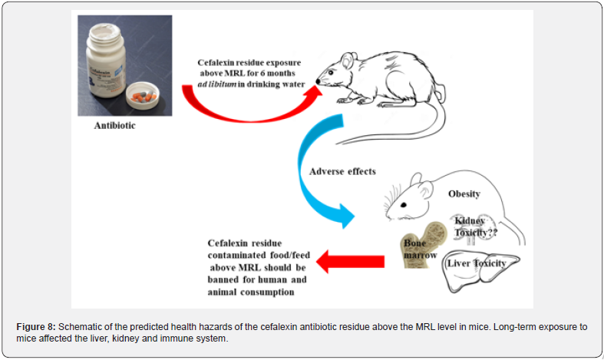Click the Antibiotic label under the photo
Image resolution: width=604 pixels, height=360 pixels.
115,126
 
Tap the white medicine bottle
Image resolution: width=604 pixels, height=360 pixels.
107,61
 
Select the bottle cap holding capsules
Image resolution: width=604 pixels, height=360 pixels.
143,95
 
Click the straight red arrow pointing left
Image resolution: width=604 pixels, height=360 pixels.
350,261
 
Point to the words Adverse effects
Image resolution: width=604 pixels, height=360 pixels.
342,171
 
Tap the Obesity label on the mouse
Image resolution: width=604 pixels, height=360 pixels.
464,194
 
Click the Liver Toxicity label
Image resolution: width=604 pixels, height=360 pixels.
477,263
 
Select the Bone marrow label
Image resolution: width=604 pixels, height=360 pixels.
421,249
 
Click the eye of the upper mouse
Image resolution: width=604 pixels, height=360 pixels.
331,72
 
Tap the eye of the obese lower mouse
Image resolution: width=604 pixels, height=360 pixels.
404,205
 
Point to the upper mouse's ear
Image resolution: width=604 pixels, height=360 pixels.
348,61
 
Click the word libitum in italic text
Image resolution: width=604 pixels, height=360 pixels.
223,84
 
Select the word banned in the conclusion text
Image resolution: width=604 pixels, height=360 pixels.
223,280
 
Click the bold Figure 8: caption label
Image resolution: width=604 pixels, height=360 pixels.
36,327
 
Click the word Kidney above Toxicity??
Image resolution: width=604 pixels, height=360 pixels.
470,221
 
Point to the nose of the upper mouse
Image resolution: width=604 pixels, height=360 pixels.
319,81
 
